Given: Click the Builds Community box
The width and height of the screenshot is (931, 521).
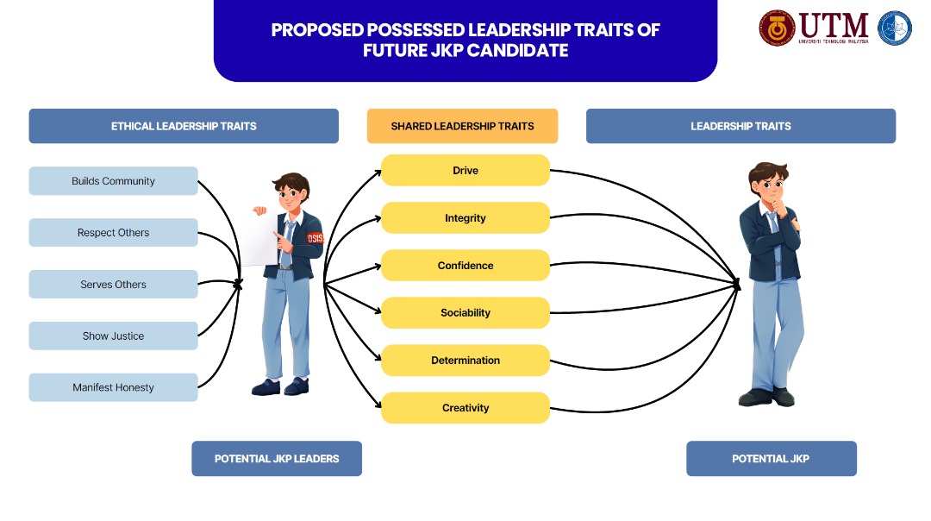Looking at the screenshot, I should (x=113, y=181).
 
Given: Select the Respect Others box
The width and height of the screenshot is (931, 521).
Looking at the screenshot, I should (x=113, y=233).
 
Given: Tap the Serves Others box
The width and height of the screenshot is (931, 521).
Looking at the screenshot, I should (x=113, y=285).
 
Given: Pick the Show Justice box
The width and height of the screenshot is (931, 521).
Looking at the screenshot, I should (x=113, y=336).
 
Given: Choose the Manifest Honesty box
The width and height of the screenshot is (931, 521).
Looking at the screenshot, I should (x=113, y=388).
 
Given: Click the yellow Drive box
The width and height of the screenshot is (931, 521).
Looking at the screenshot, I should (x=465, y=171).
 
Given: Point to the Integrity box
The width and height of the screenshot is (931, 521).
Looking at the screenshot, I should (x=465, y=218).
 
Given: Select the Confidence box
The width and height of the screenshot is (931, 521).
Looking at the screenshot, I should (x=465, y=266).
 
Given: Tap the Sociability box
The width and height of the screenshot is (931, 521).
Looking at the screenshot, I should (x=465, y=313).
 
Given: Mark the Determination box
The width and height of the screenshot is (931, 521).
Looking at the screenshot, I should (x=465, y=361).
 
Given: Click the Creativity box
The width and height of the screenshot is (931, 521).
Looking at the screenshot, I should (x=465, y=408).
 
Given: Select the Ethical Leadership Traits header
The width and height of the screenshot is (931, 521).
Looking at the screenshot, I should (x=184, y=126).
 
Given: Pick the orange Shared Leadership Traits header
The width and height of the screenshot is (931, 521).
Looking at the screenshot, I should (x=462, y=126).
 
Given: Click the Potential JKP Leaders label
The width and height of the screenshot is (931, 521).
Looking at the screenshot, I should (x=277, y=459).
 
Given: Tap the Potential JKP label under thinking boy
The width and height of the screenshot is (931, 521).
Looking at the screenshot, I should (x=771, y=459).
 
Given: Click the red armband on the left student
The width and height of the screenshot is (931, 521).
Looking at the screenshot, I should (x=315, y=237).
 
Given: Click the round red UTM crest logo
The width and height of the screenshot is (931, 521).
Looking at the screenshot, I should (x=777, y=28).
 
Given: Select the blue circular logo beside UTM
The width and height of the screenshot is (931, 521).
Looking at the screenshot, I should (x=894, y=28).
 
